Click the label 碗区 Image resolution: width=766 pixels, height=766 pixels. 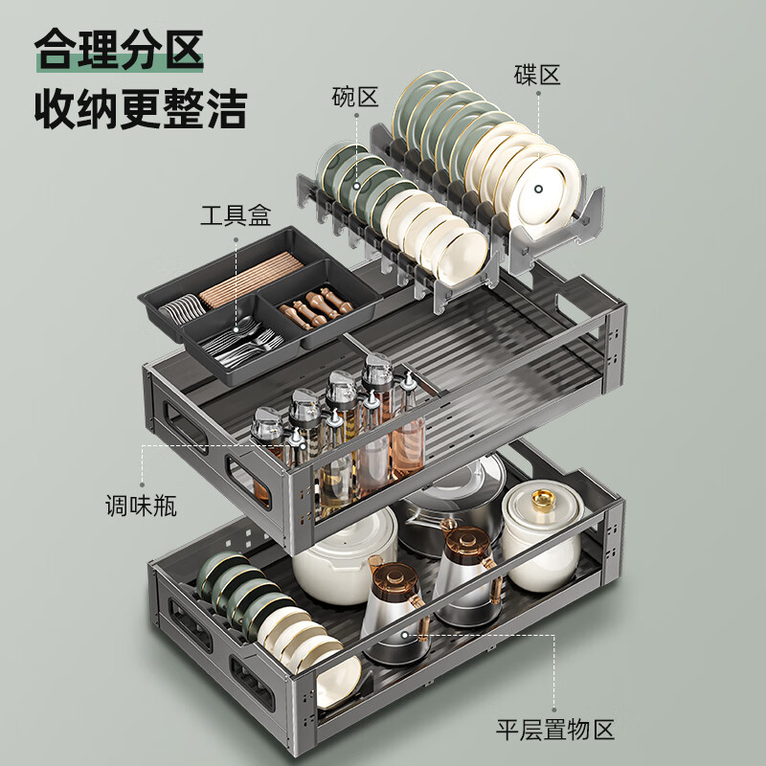[x=356, y=97]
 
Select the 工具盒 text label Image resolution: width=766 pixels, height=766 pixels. [x=236, y=214]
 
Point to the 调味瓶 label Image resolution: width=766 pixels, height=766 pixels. [x=141, y=503]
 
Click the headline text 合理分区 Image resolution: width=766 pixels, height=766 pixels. [x=121, y=52]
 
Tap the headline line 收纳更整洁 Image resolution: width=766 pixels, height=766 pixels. [x=141, y=110]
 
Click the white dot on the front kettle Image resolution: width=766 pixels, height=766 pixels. [x=405, y=633]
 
